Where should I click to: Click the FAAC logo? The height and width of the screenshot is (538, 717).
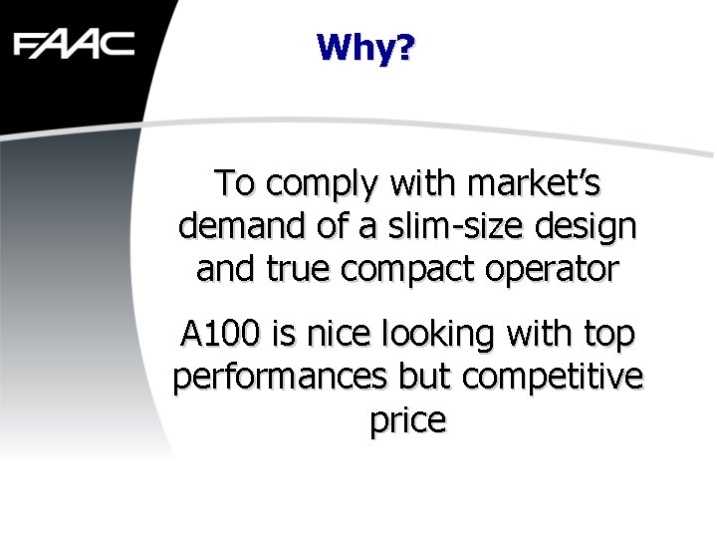click(74, 44)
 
